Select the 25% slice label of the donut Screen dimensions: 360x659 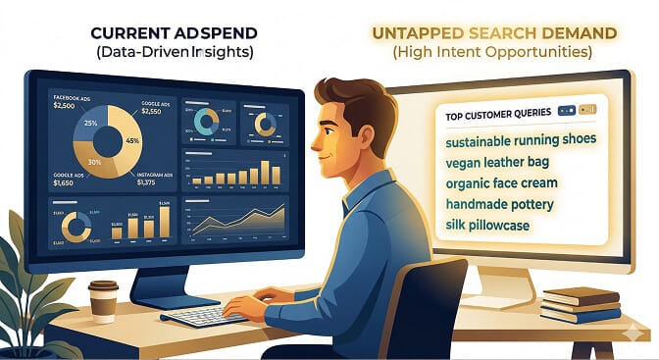(x=90, y=124)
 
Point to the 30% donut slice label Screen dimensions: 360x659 (x=96, y=161)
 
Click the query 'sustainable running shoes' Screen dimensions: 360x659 (x=521, y=139)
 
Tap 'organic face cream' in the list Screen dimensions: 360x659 (x=501, y=182)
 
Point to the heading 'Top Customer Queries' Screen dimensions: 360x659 (x=496, y=113)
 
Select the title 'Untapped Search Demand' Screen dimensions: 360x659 (x=493, y=32)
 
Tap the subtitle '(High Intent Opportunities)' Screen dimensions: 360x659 (x=493, y=52)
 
